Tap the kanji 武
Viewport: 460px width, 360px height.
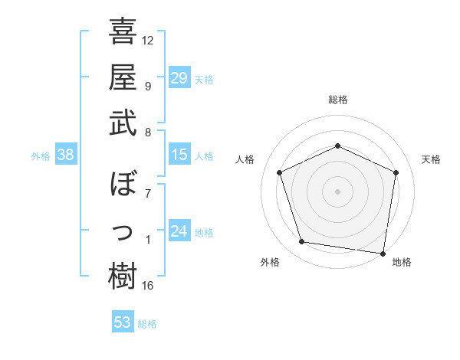[x=123, y=123]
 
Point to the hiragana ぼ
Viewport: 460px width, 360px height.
[x=123, y=185]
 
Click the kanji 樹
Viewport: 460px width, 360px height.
[x=123, y=277]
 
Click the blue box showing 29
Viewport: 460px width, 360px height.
[x=179, y=77]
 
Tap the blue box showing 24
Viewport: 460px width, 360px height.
[x=179, y=232]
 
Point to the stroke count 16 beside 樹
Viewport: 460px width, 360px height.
[x=148, y=286]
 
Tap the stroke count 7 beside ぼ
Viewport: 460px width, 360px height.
[x=148, y=193]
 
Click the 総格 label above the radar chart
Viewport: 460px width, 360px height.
[x=337, y=100]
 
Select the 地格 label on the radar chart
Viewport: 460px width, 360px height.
[x=402, y=263]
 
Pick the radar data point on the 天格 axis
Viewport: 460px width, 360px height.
[x=396, y=172]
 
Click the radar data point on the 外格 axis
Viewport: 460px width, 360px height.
[x=302, y=242]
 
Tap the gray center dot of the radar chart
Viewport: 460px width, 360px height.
[x=337, y=191]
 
